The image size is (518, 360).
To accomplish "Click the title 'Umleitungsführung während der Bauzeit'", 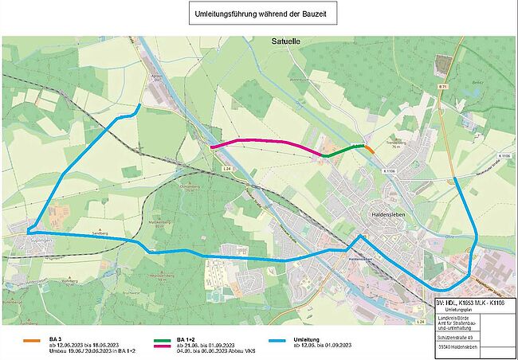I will [x=259, y=15].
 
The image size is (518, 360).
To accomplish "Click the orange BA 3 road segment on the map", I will [x=369, y=147].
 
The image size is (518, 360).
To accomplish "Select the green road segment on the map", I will [x=343, y=150].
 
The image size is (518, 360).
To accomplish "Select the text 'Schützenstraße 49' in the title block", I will [x=464, y=337].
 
